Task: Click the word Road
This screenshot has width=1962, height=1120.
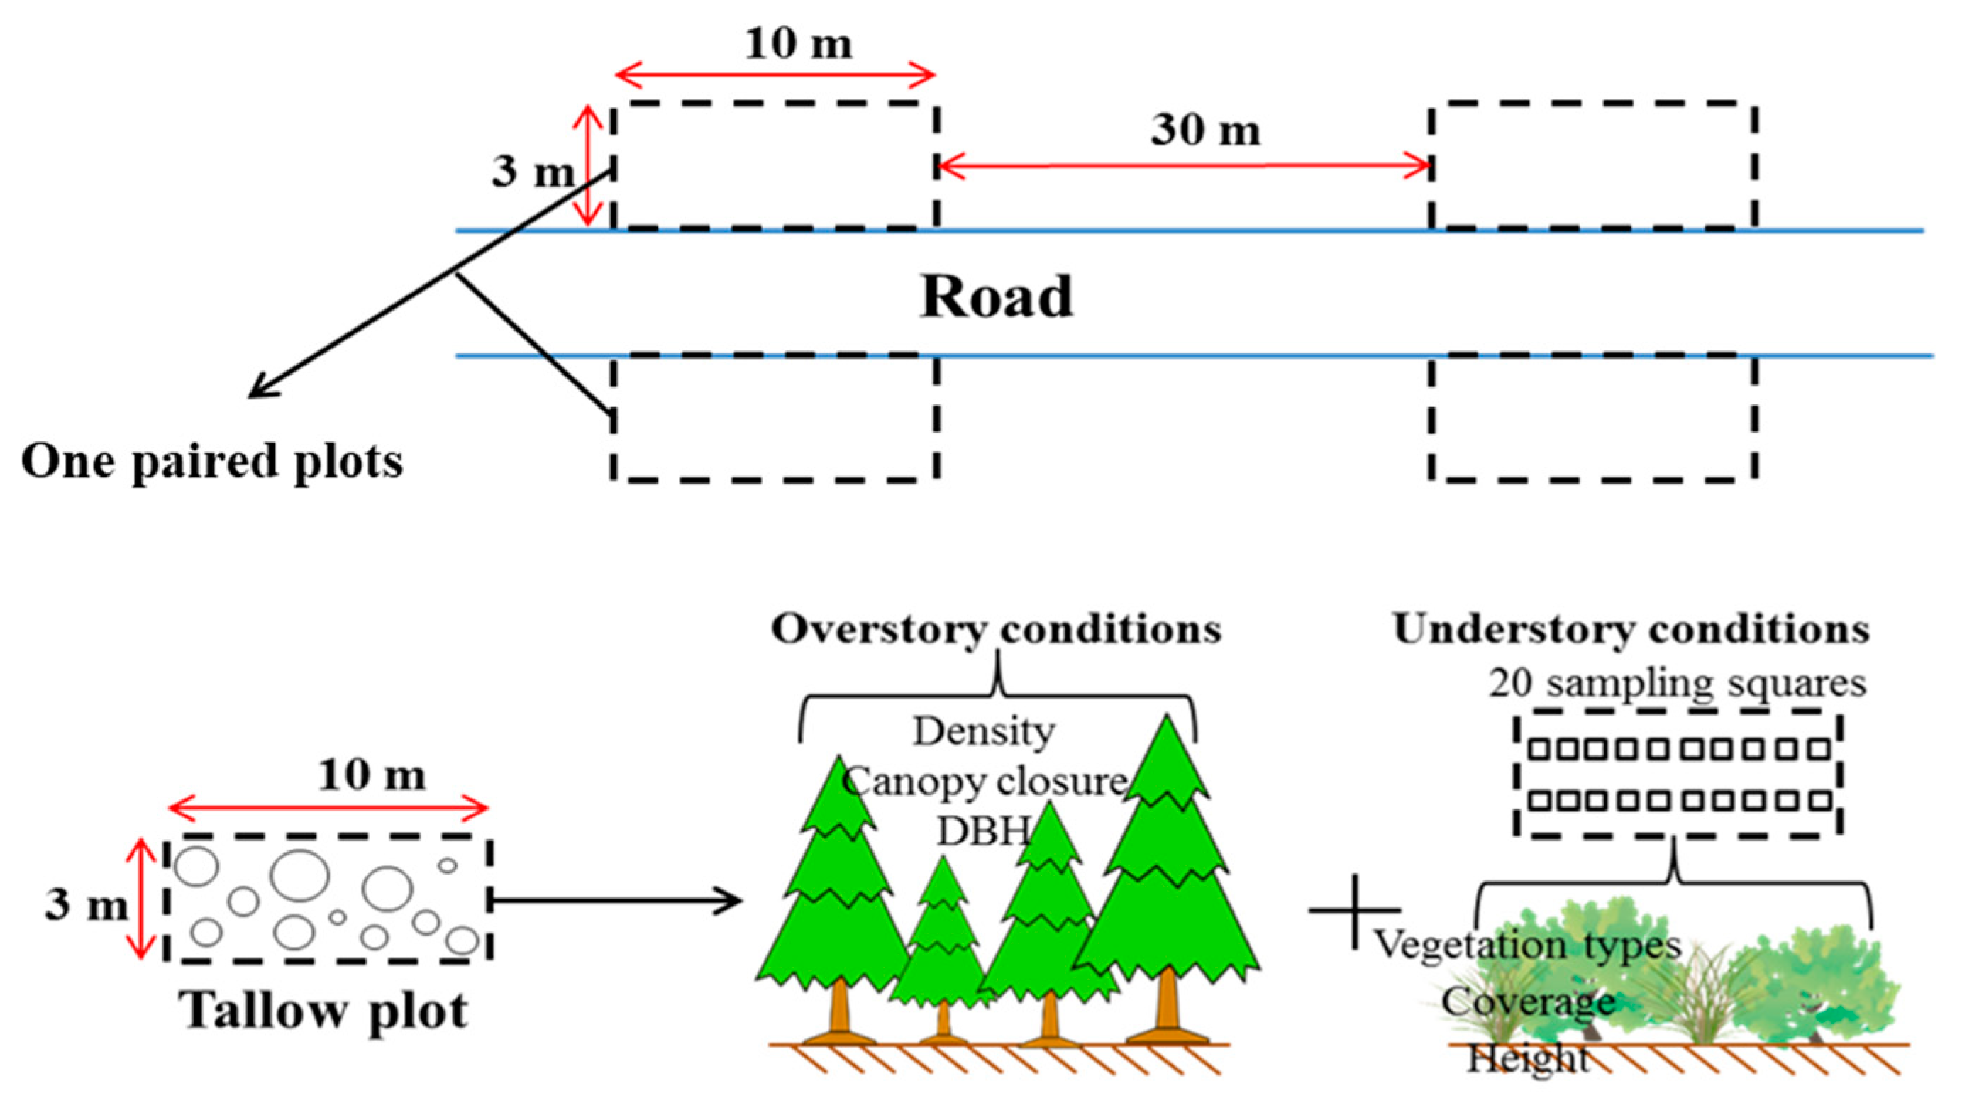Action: coord(996,297)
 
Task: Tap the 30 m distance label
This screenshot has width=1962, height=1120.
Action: coord(1204,130)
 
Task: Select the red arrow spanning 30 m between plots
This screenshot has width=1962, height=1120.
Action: coord(1185,165)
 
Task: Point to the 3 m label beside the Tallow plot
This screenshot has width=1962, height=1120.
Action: coord(84,904)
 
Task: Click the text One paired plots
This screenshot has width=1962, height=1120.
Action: coord(211,462)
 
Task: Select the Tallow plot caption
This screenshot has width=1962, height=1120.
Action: coord(323,1010)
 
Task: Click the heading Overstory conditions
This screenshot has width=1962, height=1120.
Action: coord(996,629)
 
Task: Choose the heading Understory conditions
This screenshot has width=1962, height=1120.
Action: coord(1631,629)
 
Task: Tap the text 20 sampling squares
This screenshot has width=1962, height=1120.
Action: coord(1677,683)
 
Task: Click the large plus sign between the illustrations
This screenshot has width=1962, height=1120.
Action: coord(1353,911)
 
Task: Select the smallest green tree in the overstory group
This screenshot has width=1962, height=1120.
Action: coord(943,946)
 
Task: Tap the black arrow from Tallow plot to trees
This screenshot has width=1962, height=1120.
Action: coord(615,901)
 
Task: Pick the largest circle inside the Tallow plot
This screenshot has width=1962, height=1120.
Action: coord(300,875)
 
